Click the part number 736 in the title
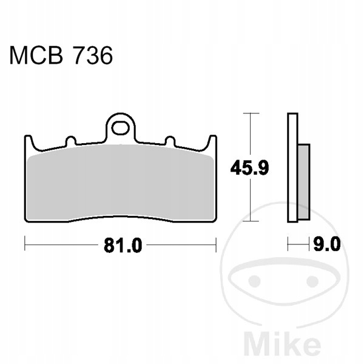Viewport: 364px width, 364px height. click(x=93, y=55)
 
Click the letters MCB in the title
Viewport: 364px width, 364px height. click(x=36, y=55)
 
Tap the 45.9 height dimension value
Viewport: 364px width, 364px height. click(x=249, y=167)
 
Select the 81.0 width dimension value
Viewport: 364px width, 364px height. click(x=123, y=245)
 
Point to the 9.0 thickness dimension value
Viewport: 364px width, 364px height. click(x=327, y=244)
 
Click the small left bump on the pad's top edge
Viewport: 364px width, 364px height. click(x=71, y=141)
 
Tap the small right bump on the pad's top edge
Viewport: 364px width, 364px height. click(x=170, y=141)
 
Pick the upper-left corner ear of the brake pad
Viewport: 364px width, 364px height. click(x=29, y=141)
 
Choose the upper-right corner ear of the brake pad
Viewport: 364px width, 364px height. click(x=212, y=141)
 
